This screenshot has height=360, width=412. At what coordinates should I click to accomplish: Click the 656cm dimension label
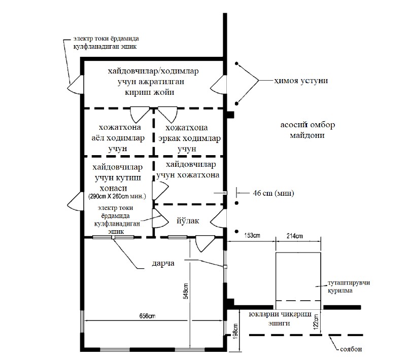(147, 316)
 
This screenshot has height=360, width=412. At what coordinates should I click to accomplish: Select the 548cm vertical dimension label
(186, 291)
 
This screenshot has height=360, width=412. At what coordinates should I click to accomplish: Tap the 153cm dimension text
(252, 235)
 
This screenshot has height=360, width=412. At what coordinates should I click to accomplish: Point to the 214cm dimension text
(294, 236)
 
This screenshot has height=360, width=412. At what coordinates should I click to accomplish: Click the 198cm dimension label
(235, 332)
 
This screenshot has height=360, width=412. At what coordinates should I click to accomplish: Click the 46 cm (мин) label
(273, 193)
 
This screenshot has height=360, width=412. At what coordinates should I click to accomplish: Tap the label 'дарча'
(163, 263)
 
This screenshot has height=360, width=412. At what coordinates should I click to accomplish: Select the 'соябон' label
(351, 349)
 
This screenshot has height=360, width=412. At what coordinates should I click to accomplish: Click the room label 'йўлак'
(188, 221)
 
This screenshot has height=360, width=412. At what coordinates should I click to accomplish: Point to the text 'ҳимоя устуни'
(301, 80)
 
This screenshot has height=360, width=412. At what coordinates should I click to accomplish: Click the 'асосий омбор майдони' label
(307, 130)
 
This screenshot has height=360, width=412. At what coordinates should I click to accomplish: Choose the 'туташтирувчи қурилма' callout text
(349, 287)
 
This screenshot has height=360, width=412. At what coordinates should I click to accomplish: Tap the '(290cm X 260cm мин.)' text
(117, 196)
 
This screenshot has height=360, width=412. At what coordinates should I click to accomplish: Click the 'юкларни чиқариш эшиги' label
(280, 318)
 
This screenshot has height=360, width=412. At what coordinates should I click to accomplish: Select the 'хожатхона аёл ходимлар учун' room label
(118, 138)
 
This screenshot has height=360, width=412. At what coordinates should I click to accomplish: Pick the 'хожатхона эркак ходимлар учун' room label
(189, 138)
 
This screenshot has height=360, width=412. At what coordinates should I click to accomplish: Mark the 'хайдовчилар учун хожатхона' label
(188, 170)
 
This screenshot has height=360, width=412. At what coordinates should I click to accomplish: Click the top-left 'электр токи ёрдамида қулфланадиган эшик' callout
(106, 43)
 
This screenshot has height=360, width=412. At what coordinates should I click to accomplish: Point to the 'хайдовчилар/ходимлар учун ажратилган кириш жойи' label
(153, 82)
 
